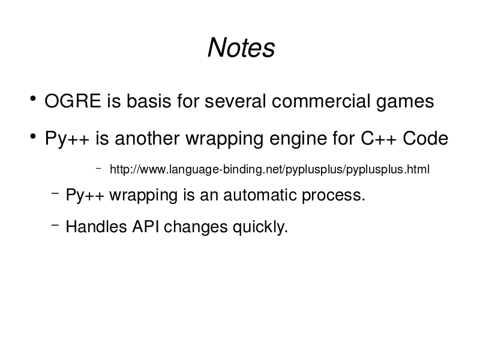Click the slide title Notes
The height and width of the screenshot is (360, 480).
(241, 47)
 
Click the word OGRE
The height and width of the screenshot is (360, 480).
(73, 101)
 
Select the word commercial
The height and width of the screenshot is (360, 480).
(321, 101)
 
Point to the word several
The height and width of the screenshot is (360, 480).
(235, 101)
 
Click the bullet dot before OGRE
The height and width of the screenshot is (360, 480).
(33, 99)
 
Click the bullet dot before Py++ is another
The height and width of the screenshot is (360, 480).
(33, 136)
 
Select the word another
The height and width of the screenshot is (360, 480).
(147, 139)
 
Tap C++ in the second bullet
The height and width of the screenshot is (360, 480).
(379, 139)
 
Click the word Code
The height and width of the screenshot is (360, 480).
(425, 139)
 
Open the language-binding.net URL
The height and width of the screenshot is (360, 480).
(269, 169)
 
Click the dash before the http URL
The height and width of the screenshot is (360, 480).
(98, 168)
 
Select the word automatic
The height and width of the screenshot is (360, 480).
(260, 195)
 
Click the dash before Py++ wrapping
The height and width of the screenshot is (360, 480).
(55, 193)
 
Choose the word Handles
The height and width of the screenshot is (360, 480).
(97, 227)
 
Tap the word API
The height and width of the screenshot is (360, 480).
(145, 227)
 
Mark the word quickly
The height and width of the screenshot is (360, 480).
(260, 228)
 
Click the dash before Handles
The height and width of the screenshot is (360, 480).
(55, 225)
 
